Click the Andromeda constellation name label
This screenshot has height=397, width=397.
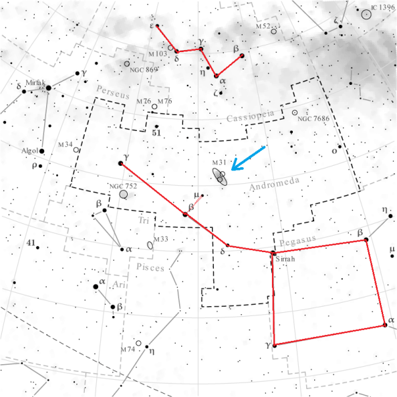(271, 187)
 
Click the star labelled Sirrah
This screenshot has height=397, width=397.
(273, 253)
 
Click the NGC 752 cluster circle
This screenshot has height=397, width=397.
(124, 194)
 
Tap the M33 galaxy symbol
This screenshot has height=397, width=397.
(150, 245)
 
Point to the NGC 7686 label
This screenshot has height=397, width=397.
(313, 119)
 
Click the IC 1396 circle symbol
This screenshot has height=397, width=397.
(367, 13)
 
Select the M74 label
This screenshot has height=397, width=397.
(128, 350)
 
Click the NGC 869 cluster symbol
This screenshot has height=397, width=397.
(127, 64)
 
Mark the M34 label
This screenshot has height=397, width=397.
(65, 144)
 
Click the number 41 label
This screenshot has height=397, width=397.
(30, 243)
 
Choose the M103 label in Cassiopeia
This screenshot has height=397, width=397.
(158, 53)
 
